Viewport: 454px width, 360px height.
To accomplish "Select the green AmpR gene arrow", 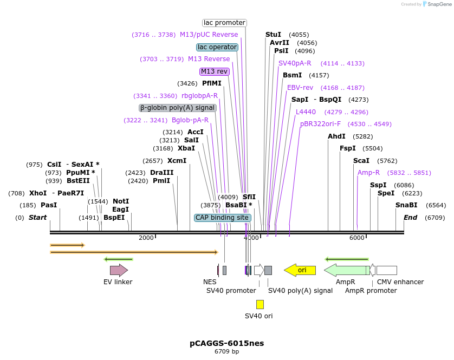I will [347, 270].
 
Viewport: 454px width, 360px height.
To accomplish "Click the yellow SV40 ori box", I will [260, 304].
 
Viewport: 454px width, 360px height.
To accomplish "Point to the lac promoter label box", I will [224, 23].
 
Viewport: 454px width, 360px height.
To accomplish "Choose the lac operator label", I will [217, 47].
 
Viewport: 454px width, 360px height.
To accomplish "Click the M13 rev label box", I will [215, 71].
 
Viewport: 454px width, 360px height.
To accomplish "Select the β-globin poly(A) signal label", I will [178, 108].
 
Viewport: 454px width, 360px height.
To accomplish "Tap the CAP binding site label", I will [222, 218].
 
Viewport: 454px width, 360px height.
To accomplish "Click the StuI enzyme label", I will [273, 35].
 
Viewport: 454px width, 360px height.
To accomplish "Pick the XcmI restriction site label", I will [177, 161].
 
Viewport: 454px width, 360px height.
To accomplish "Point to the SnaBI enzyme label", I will [406, 205].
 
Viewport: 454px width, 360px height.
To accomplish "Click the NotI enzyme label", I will [121, 201].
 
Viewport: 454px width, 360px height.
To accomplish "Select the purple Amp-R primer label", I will [368, 173].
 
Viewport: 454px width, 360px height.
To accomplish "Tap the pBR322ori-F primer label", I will [320, 124].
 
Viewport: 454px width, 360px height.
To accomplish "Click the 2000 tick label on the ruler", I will [146, 238].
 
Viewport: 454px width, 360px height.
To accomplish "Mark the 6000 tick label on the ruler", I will [357, 238].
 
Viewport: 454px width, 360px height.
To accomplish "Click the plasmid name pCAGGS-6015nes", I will [227, 343].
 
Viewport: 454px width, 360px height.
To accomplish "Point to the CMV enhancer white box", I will [386, 270].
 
